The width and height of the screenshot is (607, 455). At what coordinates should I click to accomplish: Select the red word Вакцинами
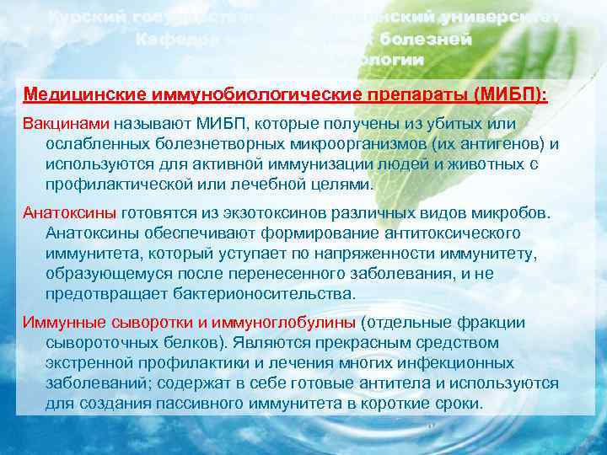(70, 124)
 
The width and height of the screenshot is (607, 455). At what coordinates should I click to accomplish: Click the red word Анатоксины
(71, 212)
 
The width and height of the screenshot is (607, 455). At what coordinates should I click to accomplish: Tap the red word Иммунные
(64, 322)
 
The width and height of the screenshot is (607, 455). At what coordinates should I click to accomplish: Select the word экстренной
(92, 362)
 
